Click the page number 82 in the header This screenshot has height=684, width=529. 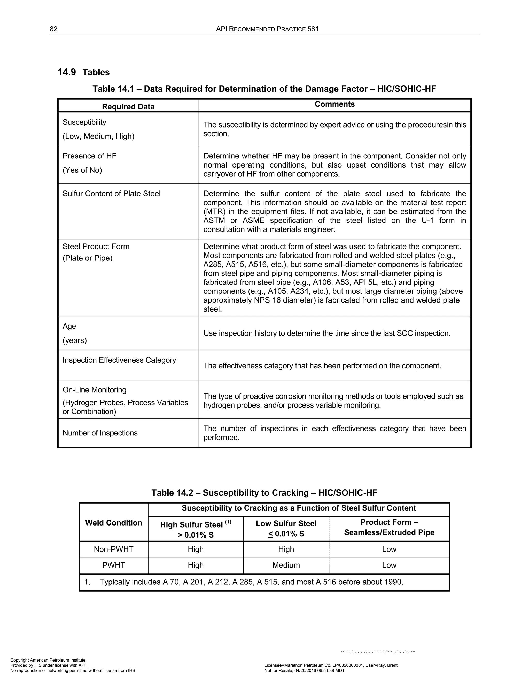pyautogui.click(x=53, y=29)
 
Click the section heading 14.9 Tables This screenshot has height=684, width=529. pyautogui.click(x=83, y=72)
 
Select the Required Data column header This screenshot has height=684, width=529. pyautogui.click(x=128, y=107)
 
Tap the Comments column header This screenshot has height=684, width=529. pyautogui.click(x=334, y=104)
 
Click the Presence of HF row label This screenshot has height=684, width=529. pyautogui.click(x=89, y=156)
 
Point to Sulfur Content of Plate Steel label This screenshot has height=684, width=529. pyautogui.click(x=111, y=194)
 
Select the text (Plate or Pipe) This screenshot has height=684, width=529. pyautogui.click(x=88, y=258)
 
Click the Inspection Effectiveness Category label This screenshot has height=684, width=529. pyautogui.click(x=119, y=360)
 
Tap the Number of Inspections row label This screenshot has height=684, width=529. pyautogui.click(x=100, y=433)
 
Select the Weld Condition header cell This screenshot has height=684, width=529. pyautogui.click(x=113, y=523)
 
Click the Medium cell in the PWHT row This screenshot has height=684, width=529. pyautogui.click(x=286, y=565)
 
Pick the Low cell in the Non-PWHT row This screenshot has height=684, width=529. pyautogui.click(x=389, y=549)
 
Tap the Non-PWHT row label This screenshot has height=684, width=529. pyautogui.click(x=113, y=549)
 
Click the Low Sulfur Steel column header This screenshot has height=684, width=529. pyautogui.click(x=286, y=523)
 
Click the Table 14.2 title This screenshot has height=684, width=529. pyautogui.click(x=264, y=493)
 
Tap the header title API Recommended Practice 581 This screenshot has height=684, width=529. pyautogui.click(x=267, y=29)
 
